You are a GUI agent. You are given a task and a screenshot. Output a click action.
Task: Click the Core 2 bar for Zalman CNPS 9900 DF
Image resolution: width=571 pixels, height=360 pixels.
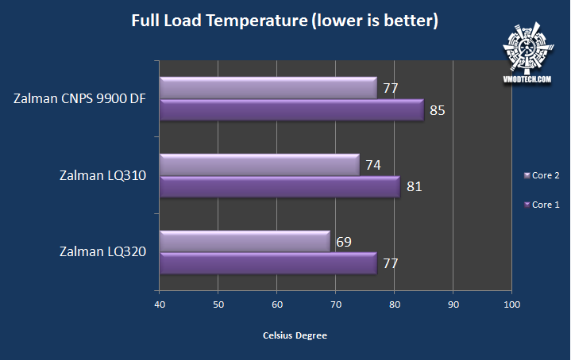point(268,89)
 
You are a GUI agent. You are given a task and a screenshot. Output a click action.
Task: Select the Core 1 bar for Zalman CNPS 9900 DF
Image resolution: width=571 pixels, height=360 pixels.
point(291,111)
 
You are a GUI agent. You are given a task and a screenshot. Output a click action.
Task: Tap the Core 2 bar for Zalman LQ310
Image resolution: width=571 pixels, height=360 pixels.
point(260,166)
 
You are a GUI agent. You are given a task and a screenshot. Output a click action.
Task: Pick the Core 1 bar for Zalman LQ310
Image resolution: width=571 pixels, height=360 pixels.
point(280,188)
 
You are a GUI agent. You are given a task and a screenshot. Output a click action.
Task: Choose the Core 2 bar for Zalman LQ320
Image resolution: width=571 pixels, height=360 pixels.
point(245,242)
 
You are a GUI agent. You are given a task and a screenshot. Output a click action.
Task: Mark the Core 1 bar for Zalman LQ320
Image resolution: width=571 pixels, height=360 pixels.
point(268,264)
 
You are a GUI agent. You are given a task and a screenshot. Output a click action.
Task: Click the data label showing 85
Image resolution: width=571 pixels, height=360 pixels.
point(438,110)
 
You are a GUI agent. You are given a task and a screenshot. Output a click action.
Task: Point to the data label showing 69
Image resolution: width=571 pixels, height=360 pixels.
point(344,241)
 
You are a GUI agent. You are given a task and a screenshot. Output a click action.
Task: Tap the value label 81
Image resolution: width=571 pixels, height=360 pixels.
point(414,187)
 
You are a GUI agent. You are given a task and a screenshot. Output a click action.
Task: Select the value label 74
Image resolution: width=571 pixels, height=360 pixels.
point(373,165)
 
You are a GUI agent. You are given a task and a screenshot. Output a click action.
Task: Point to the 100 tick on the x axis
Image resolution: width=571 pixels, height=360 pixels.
point(511,304)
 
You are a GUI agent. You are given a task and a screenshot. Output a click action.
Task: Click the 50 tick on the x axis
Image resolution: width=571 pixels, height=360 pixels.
point(218,304)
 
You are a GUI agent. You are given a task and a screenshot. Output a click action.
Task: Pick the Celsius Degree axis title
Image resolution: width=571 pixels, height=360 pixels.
point(295,335)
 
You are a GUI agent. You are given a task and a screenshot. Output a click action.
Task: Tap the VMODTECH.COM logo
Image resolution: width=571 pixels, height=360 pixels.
point(526,52)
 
